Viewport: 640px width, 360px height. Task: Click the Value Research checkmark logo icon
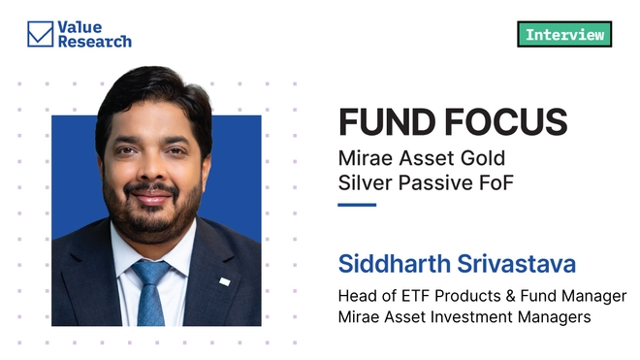[x=40, y=34]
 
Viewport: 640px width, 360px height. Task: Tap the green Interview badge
[x=564, y=35]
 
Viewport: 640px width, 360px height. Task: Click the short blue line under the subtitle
[x=356, y=205]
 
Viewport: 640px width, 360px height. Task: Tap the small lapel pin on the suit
[x=224, y=281]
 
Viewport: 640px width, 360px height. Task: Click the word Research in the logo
[x=95, y=42]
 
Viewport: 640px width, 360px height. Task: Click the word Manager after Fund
[x=594, y=296]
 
